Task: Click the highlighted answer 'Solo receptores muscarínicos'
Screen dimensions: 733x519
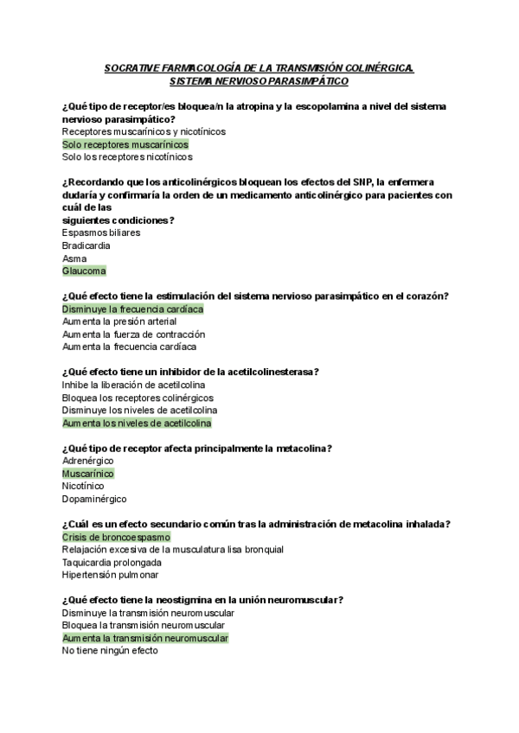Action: (125, 144)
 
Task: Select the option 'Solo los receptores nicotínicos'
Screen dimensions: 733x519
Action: (127, 157)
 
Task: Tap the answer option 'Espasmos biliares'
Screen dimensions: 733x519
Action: (101, 233)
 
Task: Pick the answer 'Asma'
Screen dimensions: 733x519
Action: (74, 258)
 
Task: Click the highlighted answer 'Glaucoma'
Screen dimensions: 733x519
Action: (84, 271)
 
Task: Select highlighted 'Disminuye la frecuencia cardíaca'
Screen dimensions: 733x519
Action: (133, 309)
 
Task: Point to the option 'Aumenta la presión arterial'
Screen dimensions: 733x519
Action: (119, 322)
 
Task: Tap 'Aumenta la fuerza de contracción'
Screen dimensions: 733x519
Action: (133, 334)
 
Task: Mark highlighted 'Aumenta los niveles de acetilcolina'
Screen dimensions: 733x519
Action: (137, 424)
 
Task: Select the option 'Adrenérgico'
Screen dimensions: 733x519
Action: (88, 461)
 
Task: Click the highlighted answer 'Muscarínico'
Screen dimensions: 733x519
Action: (88, 474)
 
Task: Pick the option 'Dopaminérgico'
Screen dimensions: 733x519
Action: (94, 499)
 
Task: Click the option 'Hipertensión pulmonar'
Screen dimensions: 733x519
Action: (110, 575)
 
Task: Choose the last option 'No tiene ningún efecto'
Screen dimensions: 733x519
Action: (110, 651)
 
